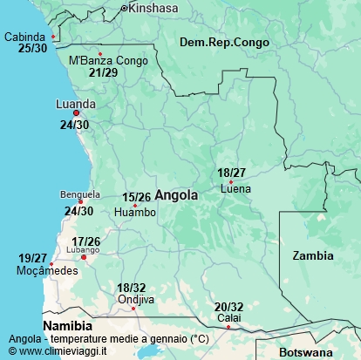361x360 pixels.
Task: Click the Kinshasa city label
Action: coord(154,8)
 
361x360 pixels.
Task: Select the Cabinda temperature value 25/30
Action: coord(33,49)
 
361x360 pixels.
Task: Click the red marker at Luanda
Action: coord(77,113)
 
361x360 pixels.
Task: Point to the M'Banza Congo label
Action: coord(108,61)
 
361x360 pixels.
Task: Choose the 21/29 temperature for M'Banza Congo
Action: coord(104,72)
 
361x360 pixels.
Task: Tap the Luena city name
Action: coord(236,188)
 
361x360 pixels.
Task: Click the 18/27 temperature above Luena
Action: coord(232,173)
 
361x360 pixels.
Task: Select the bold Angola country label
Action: coord(176,196)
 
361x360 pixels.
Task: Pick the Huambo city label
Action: coord(135,212)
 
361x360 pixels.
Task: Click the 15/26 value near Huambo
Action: coord(137,198)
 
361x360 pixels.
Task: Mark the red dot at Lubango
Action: coord(84,257)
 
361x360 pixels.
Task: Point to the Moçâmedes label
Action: coord(48,271)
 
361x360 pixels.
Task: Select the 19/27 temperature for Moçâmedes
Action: coord(33,258)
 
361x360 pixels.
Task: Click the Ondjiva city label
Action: coord(135,300)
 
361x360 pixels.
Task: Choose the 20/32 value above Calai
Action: coord(229,307)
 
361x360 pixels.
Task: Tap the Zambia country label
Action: coord(313,255)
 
